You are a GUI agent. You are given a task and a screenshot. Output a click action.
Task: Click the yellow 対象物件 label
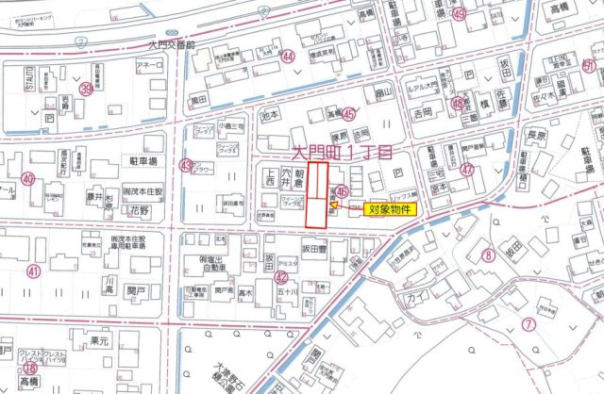388,209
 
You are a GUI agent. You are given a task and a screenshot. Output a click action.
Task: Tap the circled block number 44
288,57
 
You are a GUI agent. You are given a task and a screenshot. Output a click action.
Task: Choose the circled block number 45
349,114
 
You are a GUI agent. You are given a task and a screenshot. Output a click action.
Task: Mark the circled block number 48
458,105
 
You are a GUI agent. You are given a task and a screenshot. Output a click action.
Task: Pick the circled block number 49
459,15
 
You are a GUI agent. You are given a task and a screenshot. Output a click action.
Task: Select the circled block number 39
87,89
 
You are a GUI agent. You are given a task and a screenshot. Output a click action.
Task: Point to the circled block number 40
28,179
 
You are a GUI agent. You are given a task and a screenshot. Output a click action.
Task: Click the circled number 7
528,323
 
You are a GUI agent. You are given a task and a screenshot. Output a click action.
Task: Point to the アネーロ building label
150,65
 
